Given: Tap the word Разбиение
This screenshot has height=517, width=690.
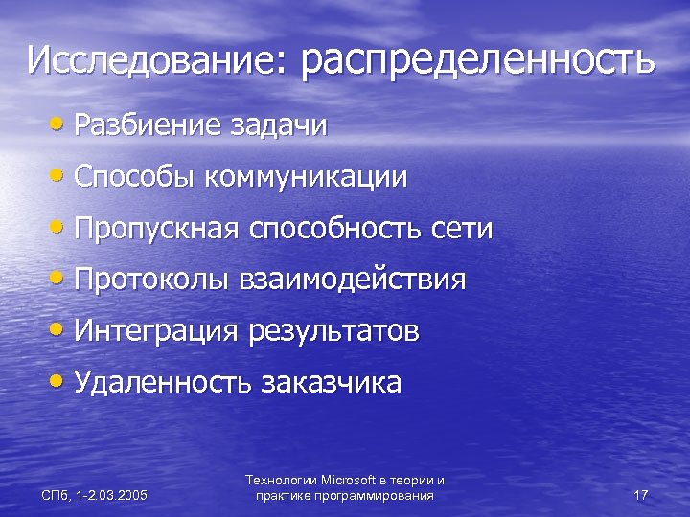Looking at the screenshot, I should [x=146, y=125].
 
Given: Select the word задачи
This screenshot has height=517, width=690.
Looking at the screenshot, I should [x=277, y=126].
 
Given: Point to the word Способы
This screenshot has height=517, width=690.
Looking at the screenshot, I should [x=133, y=177].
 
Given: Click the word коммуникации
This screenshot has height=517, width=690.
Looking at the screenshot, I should [x=306, y=178].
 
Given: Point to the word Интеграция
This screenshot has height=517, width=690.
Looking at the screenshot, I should [x=157, y=332].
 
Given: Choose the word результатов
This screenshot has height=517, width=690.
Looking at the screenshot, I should [x=334, y=333].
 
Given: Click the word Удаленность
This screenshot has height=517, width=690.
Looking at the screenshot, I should [x=163, y=384].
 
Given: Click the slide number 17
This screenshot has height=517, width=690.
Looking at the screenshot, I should [x=641, y=495].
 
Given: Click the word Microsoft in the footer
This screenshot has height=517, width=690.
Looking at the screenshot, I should [x=351, y=479].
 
